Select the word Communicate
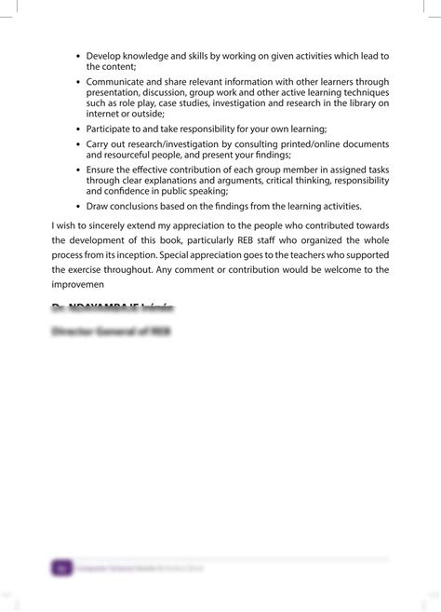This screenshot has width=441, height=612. click(120, 82)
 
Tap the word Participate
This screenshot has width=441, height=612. click(113, 127)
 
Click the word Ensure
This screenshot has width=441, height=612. click(102, 170)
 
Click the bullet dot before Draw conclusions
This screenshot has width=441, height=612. click(78, 206)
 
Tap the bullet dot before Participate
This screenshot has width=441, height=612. click(78, 127)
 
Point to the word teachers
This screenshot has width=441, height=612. click(327, 255)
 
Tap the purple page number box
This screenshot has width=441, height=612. click(62, 565)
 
